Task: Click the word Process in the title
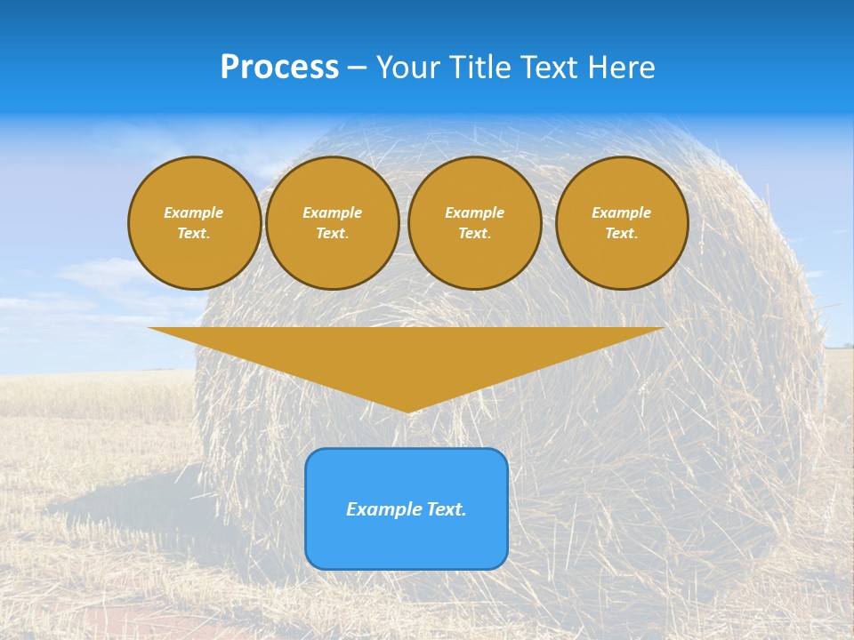click(x=279, y=67)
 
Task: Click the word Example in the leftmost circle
click(x=194, y=212)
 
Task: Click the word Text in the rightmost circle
click(x=621, y=233)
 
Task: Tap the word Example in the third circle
click(x=474, y=212)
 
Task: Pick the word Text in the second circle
click(x=332, y=233)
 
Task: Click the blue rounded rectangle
click(x=407, y=542)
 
